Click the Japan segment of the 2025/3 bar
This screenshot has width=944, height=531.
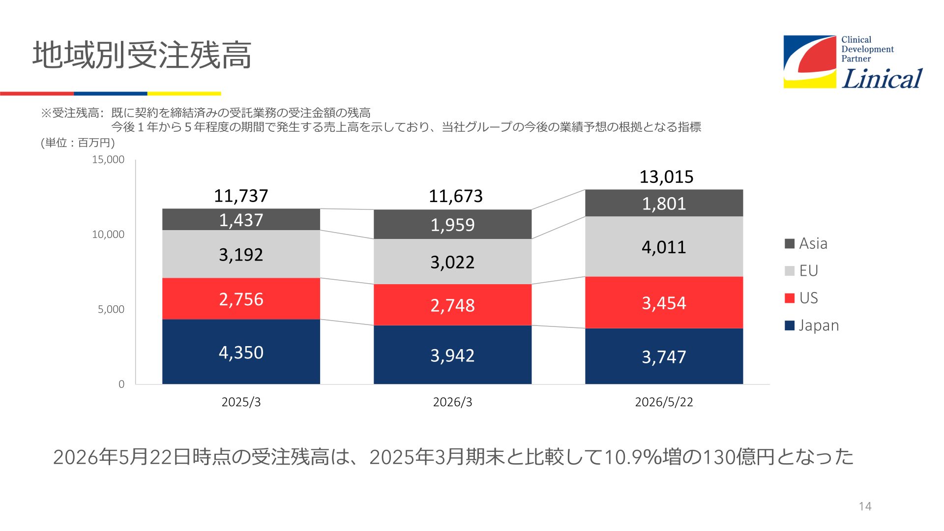click(241, 352)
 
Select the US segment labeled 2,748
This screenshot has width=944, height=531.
click(452, 305)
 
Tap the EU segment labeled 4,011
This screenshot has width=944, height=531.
click(664, 246)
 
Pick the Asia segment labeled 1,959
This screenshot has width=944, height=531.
click(452, 224)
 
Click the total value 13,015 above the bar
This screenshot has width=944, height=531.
click(666, 177)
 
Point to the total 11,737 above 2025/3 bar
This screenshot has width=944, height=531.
click(241, 196)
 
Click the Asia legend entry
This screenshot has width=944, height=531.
click(806, 243)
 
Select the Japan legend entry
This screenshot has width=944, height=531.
click(812, 325)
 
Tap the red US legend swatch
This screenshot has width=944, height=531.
click(790, 298)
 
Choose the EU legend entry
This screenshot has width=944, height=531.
click(801, 270)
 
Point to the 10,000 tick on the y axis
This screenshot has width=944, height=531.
click(108, 235)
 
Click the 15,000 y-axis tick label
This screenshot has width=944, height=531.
click(108, 159)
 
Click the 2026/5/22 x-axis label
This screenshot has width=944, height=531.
click(664, 402)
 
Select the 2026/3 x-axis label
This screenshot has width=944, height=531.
click(452, 402)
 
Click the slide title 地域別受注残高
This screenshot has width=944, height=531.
click(142, 55)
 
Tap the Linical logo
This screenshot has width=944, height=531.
click(853, 62)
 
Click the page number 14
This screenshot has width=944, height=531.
click(865, 506)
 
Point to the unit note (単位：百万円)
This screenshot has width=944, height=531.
click(78, 143)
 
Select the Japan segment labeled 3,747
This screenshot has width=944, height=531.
click(664, 356)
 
